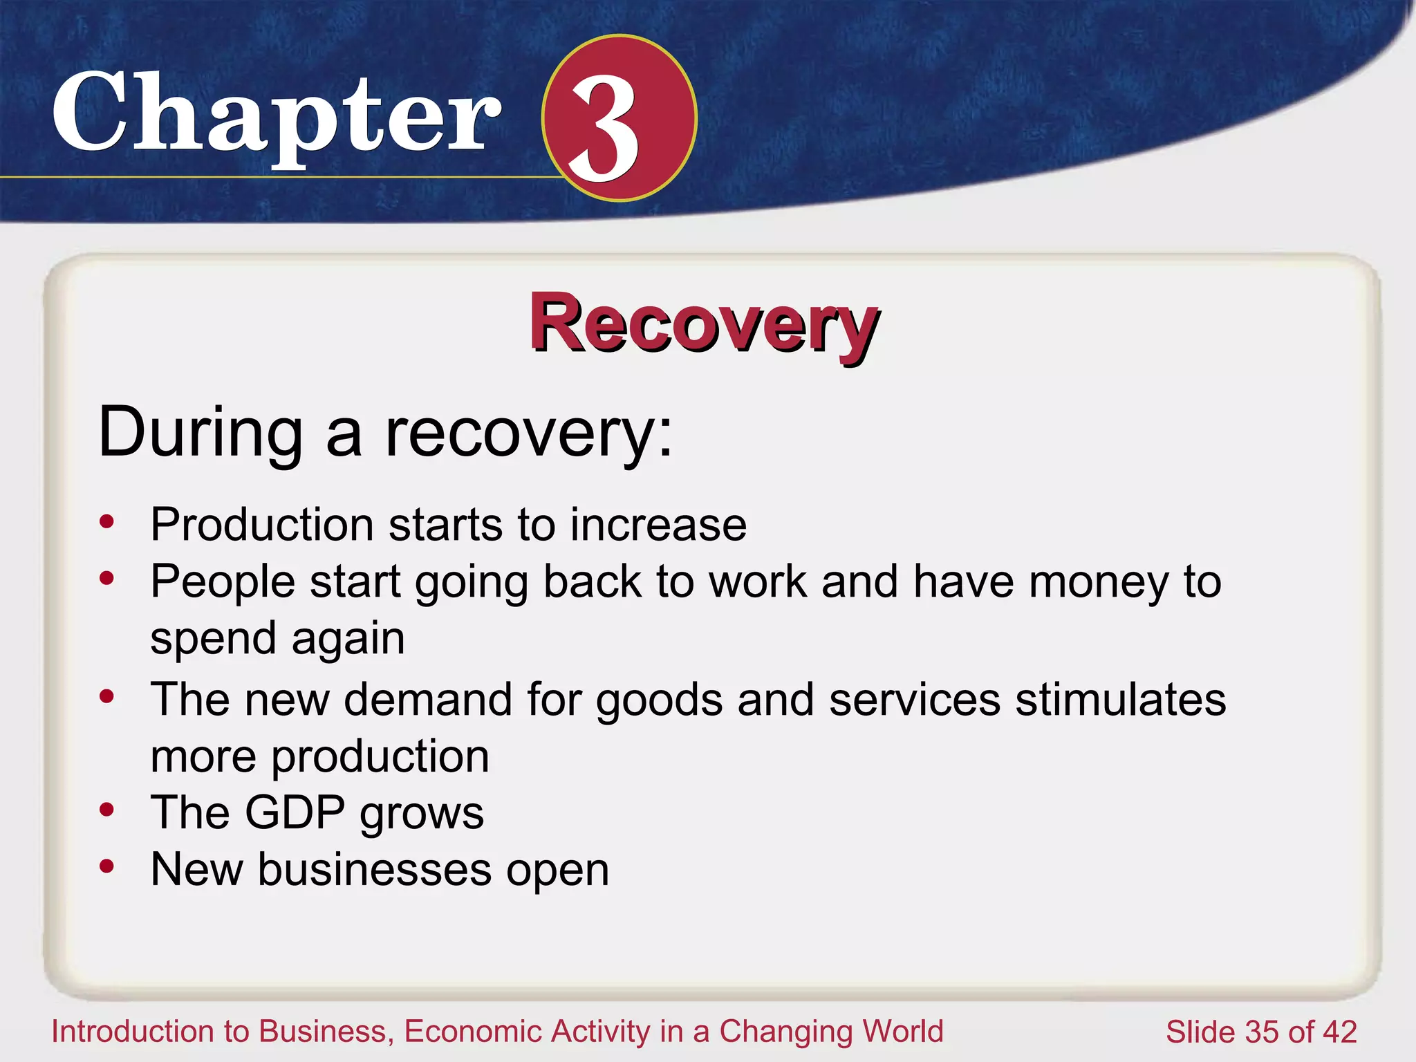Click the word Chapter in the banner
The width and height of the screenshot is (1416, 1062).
[277, 114]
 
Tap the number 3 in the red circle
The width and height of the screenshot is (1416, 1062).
[603, 127]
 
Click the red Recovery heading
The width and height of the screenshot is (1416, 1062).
[704, 324]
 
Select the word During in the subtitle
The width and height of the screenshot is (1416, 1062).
[201, 432]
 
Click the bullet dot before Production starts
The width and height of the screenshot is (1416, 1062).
[106, 521]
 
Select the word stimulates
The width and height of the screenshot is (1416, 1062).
[1120, 699]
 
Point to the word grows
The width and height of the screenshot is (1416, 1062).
[422, 814]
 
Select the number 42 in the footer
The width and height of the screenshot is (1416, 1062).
[1339, 1032]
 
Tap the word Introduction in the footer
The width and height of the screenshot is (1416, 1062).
[131, 1031]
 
